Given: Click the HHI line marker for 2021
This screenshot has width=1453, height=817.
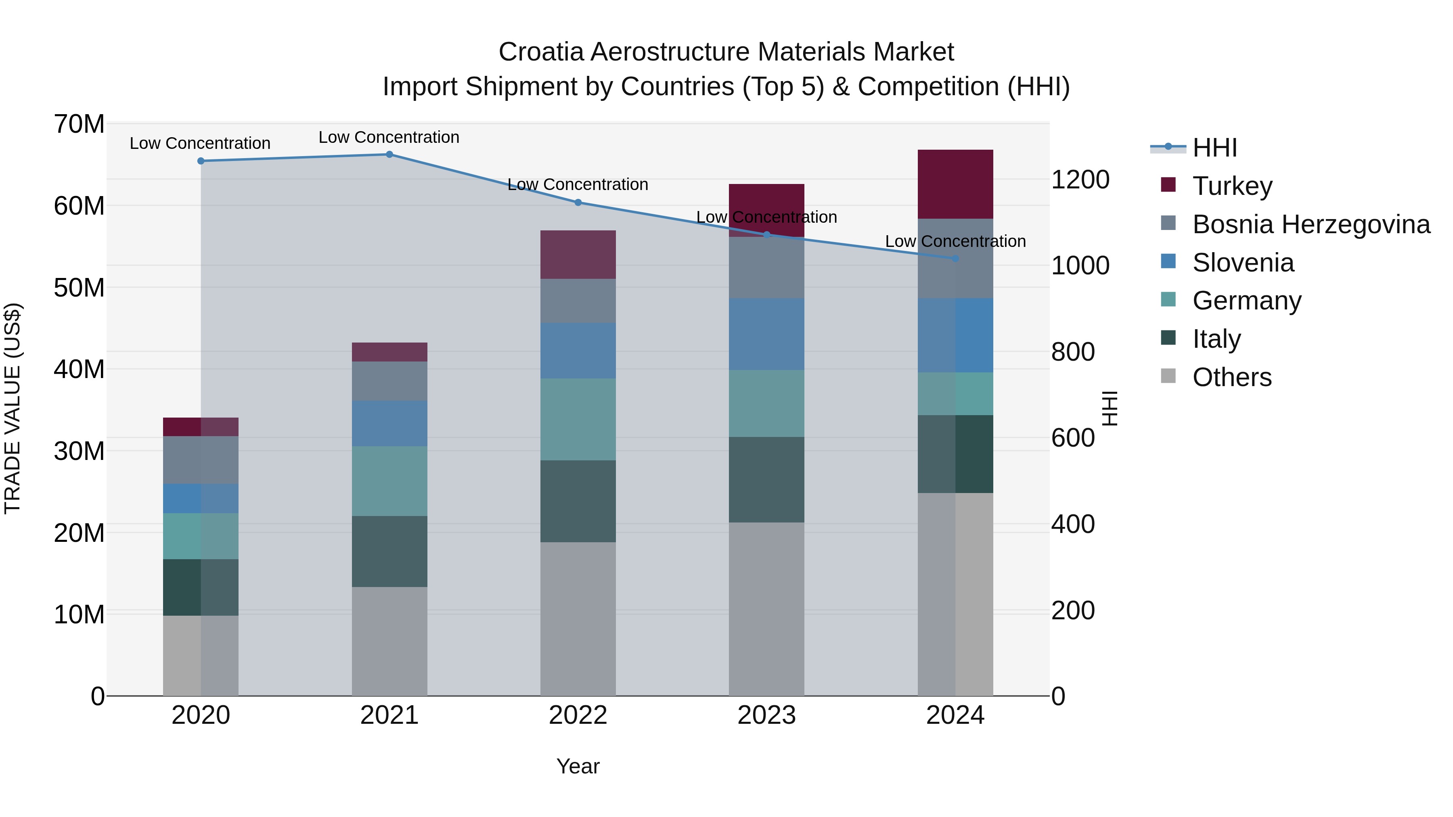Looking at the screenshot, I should (x=389, y=155).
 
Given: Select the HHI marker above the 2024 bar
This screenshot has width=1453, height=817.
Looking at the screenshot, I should (x=955, y=259).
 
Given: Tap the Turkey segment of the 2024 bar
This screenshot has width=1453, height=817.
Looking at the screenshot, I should (x=955, y=184).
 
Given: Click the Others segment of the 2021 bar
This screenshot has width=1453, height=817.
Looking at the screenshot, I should (x=389, y=641).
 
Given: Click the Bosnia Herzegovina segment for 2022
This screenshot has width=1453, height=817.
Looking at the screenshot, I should (x=578, y=301).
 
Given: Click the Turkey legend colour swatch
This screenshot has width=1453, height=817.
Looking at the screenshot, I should (x=1168, y=184).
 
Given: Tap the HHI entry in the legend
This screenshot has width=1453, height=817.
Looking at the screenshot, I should (x=1214, y=148).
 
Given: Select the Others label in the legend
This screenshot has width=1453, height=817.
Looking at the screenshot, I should (x=1232, y=377).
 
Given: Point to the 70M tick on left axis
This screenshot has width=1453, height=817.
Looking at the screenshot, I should (x=79, y=124).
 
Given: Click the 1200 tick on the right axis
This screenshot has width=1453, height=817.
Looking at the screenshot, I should (x=1080, y=180).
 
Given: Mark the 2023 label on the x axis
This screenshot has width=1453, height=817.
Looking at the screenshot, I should (x=766, y=715).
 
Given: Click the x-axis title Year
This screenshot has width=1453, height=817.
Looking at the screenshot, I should (x=578, y=766).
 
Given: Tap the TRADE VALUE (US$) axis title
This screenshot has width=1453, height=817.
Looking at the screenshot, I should (x=13, y=408).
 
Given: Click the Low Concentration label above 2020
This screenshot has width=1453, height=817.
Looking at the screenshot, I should (x=200, y=143).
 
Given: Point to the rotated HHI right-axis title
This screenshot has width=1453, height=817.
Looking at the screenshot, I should (x=1110, y=408).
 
